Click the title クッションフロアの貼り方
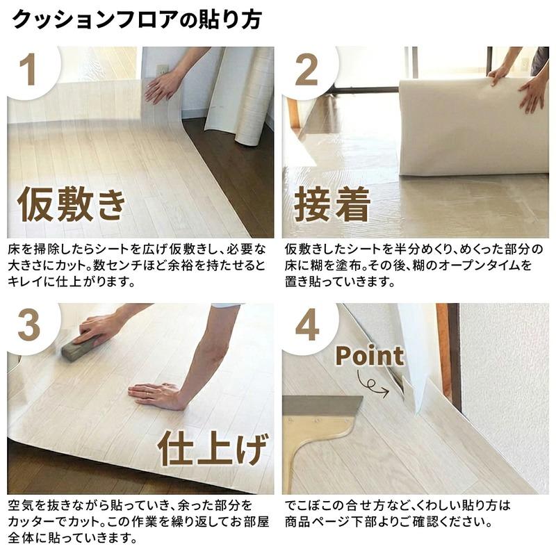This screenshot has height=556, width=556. [x=137, y=20]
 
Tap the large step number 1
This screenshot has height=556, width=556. [x=28, y=69]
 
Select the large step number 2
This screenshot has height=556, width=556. [x=306, y=70]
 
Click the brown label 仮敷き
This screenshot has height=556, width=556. [x=72, y=204]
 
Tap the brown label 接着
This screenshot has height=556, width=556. [x=332, y=204]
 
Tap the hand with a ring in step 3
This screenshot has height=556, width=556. [x=156, y=395]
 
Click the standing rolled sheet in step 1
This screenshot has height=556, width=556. [x=240, y=96]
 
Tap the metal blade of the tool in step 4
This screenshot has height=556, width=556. [x=322, y=407]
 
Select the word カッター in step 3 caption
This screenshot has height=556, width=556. [x=33, y=522]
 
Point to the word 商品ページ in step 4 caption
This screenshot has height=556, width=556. [x=320, y=522]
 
